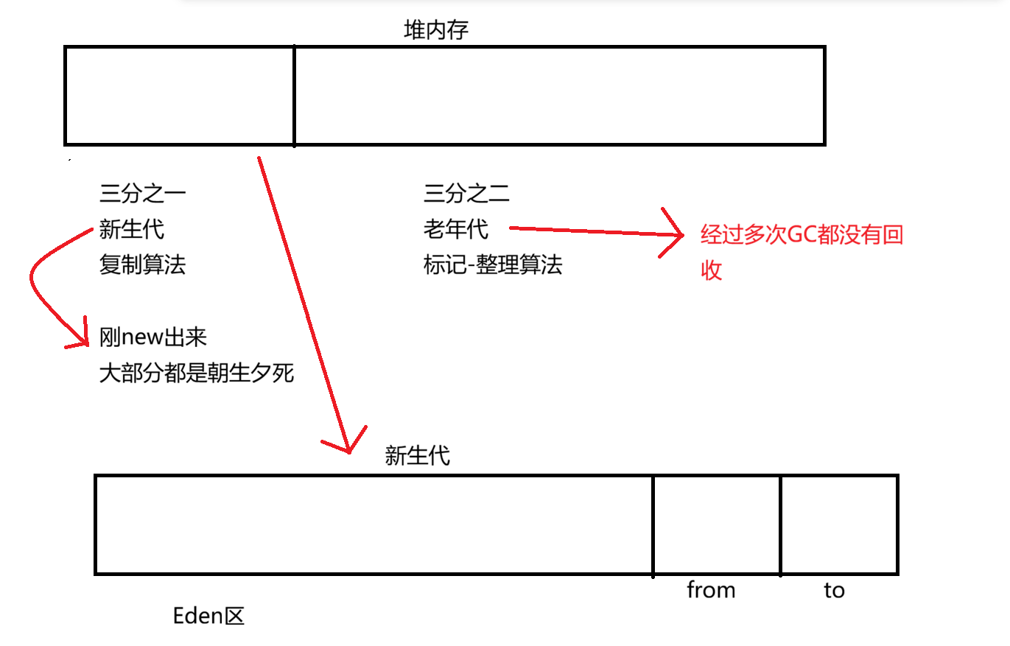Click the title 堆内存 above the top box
click(x=436, y=29)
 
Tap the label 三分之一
click(x=142, y=194)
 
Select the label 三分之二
click(x=466, y=194)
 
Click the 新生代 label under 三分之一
click(x=132, y=229)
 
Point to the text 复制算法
click(x=142, y=264)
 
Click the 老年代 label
click(x=456, y=229)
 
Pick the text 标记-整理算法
click(x=493, y=264)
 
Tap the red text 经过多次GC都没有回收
click(x=802, y=236)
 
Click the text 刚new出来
click(x=153, y=337)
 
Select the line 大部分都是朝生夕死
click(x=197, y=373)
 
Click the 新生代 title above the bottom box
click(x=417, y=457)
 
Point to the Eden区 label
click(x=208, y=616)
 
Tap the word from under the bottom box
click(x=711, y=590)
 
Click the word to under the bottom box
click(x=834, y=590)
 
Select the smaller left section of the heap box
click(x=180, y=95)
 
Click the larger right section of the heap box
click(x=559, y=95)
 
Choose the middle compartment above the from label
click(x=717, y=524)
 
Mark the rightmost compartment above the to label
click(x=839, y=524)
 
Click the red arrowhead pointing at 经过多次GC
click(x=676, y=235)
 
